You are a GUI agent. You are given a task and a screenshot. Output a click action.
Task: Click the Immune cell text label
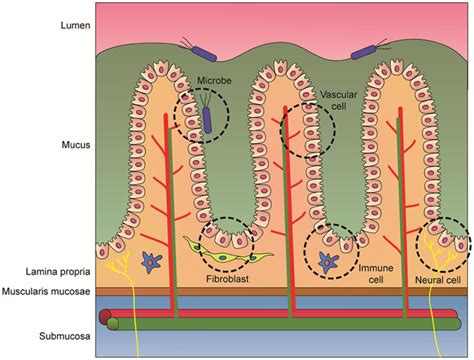click(368, 273)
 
